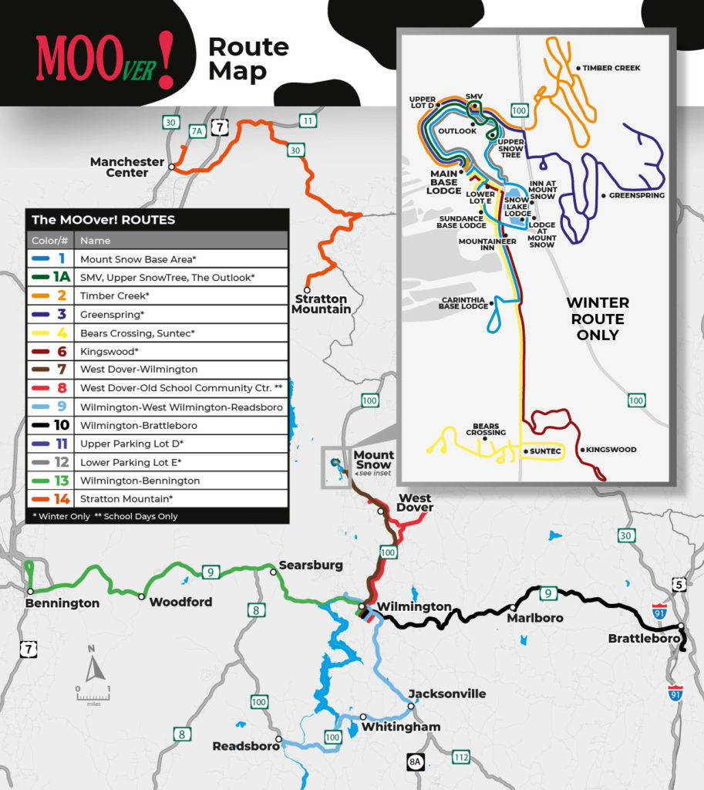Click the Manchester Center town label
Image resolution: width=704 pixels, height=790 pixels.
pyautogui.click(x=127, y=167)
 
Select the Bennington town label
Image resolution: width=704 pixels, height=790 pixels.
pyautogui.click(x=62, y=603)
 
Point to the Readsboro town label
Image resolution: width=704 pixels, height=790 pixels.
pyautogui.click(x=243, y=747)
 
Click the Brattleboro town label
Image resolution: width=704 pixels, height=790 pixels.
pyautogui.click(x=644, y=639)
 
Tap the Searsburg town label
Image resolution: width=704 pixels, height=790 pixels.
pyautogui.click(x=311, y=565)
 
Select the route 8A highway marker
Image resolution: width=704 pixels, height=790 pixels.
pyautogui.click(x=416, y=762)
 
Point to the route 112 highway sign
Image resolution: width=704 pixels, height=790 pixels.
pyautogui.click(x=461, y=758)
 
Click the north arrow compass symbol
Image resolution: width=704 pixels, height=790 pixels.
pyautogui.click(x=93, y=667)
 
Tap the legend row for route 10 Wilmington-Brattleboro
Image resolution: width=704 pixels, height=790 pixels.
pyautogui.click(x=157, y=425)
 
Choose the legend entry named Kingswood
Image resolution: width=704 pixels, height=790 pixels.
pyautogui.click(x=157, y=351)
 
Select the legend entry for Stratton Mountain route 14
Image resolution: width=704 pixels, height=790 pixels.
pyautogui.click(x=157, y=499)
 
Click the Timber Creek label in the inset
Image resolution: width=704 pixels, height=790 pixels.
pyautogui.click(x=611, y=68)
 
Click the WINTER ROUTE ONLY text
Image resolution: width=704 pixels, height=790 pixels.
pyautogui.click(x=598, y=319)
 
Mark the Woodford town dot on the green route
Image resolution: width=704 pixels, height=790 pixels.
pyautogui.click(x=141, y=596)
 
